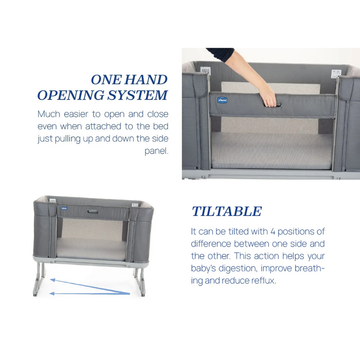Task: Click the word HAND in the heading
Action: (146, 80)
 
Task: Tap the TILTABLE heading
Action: (227, 211)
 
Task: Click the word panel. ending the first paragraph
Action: (156, 151)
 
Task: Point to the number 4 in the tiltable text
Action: (273, 231)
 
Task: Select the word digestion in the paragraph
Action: (238, 268)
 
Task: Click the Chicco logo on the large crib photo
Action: (222, 100)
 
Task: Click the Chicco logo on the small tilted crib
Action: (64, 208)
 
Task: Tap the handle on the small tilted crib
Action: (93, 211)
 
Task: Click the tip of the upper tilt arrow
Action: (50, 280)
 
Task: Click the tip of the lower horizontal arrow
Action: (50, 293)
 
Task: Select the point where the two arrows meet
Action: (130, 293)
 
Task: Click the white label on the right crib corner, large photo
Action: (336, 73)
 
